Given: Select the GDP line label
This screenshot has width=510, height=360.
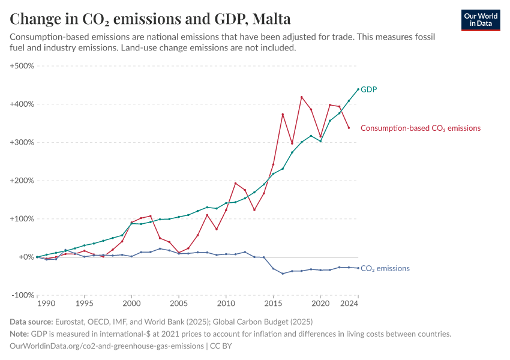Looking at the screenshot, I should click(368, 89).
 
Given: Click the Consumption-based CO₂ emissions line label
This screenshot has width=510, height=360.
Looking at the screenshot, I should click(420, 128).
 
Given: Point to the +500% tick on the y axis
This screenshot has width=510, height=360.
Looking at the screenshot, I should click(22, 65).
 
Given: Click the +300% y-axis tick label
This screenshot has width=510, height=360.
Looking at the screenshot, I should click(22, 142).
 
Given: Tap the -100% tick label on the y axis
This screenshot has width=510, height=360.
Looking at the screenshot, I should click(23, 295).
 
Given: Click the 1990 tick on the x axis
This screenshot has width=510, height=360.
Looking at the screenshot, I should click(37, 304).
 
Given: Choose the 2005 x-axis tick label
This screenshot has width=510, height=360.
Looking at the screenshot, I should click(179, 304).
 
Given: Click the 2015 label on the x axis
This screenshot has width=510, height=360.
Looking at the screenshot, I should click(273, 304).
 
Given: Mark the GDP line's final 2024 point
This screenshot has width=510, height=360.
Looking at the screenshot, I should click(358, 89).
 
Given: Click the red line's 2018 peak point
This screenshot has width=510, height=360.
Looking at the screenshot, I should click(302, 97).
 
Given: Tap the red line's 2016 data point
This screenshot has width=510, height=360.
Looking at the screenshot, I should click(283, 114).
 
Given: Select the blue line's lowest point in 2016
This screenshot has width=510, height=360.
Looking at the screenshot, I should click(283, 274).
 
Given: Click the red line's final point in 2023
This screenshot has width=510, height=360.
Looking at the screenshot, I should click(349, 128).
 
